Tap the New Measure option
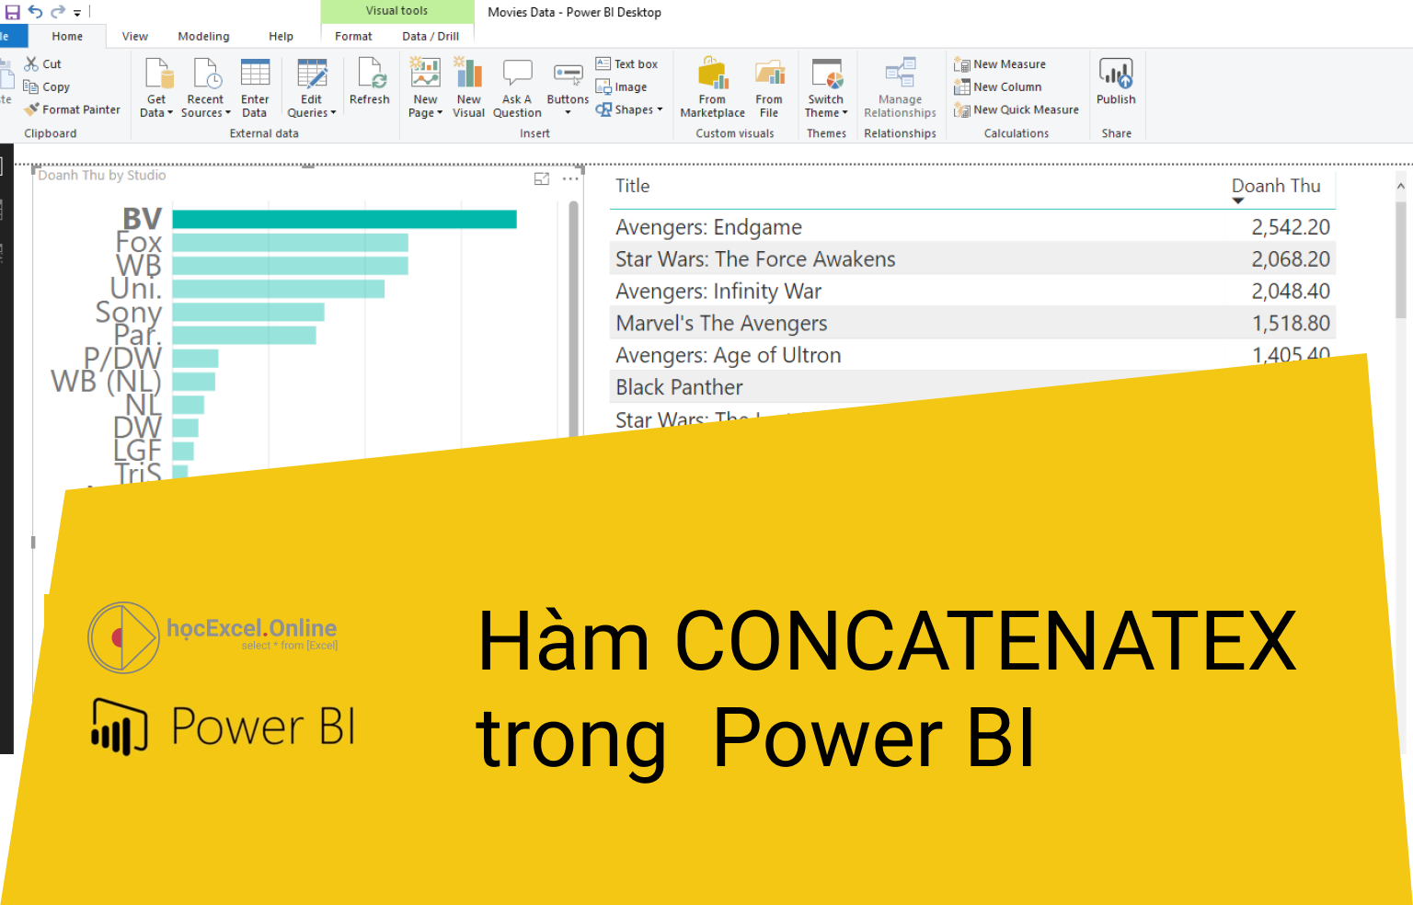coord(1008,64)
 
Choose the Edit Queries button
coord(312,88)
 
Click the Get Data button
coord(157,88)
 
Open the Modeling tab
coord(203,37)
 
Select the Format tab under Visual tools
coord(353,37)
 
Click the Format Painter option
coord(73,109)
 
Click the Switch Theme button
coord(826,88)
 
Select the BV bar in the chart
coord(344,219)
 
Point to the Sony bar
coord(248,312)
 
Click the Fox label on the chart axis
coord(139,243)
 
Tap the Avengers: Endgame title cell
coord(708,227)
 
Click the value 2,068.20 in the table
coord(1290,259)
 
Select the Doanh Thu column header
coord(1276,186)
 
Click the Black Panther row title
coord(679,387)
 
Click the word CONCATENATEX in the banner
coord(984,641)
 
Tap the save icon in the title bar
coord(13,12)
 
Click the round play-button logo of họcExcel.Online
coord(123,637)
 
